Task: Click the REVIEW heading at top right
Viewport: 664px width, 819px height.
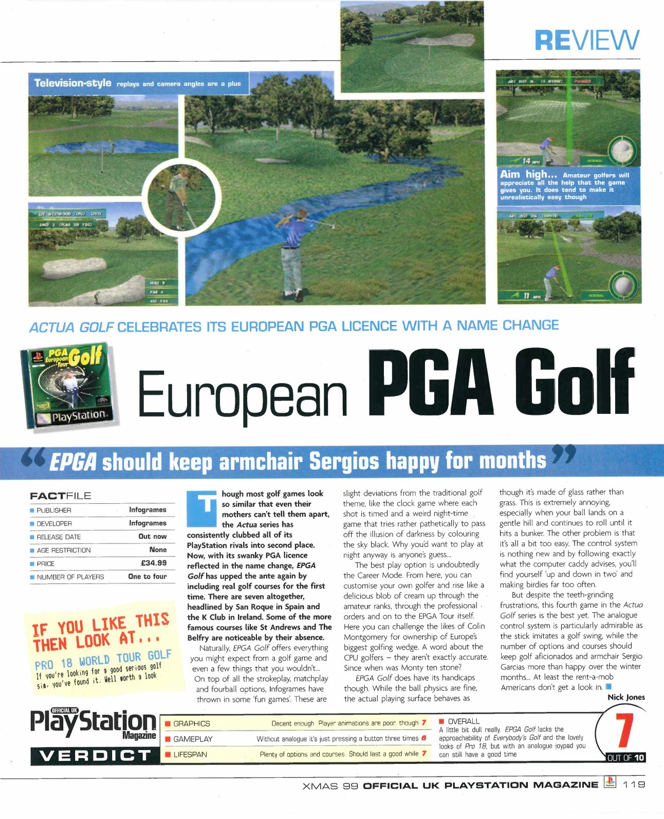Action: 587,40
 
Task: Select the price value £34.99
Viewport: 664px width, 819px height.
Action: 154,563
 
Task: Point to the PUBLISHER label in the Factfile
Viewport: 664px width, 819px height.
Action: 53,510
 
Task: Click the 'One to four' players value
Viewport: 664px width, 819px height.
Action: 147,576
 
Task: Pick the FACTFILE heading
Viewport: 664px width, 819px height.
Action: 60,496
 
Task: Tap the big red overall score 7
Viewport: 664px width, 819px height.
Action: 623,731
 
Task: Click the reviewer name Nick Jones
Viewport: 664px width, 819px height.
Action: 625,697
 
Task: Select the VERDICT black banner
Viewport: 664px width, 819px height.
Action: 95,755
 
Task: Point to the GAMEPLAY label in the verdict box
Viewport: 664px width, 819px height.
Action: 193,739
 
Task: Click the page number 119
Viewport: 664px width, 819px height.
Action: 634,785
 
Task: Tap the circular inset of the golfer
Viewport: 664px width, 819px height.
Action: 177,190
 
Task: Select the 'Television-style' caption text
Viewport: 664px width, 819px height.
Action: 72,83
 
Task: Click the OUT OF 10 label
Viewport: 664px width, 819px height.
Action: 625,757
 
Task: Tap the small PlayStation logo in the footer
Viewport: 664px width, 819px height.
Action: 610,784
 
